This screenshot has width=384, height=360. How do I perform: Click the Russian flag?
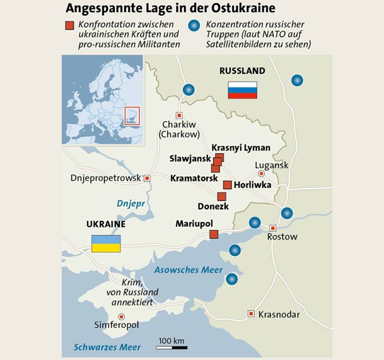tap(242, 90)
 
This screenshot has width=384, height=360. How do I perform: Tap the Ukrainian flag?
tap(107, 243)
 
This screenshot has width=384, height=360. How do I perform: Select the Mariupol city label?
tap(194, 224)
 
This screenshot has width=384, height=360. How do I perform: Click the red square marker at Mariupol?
tap(213, 235)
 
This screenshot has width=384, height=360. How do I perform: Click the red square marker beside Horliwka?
tap(227, 185)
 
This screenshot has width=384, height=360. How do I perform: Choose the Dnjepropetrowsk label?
tap(106, 178)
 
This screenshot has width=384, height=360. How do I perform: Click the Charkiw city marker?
tap(179, 115)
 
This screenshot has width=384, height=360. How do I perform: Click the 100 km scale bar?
tap(171, 346)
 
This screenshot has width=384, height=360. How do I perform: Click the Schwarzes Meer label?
tap(107, 347)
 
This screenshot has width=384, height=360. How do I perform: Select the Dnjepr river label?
tap(131, 203)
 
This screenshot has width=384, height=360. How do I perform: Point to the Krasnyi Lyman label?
tap(241, 148)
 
